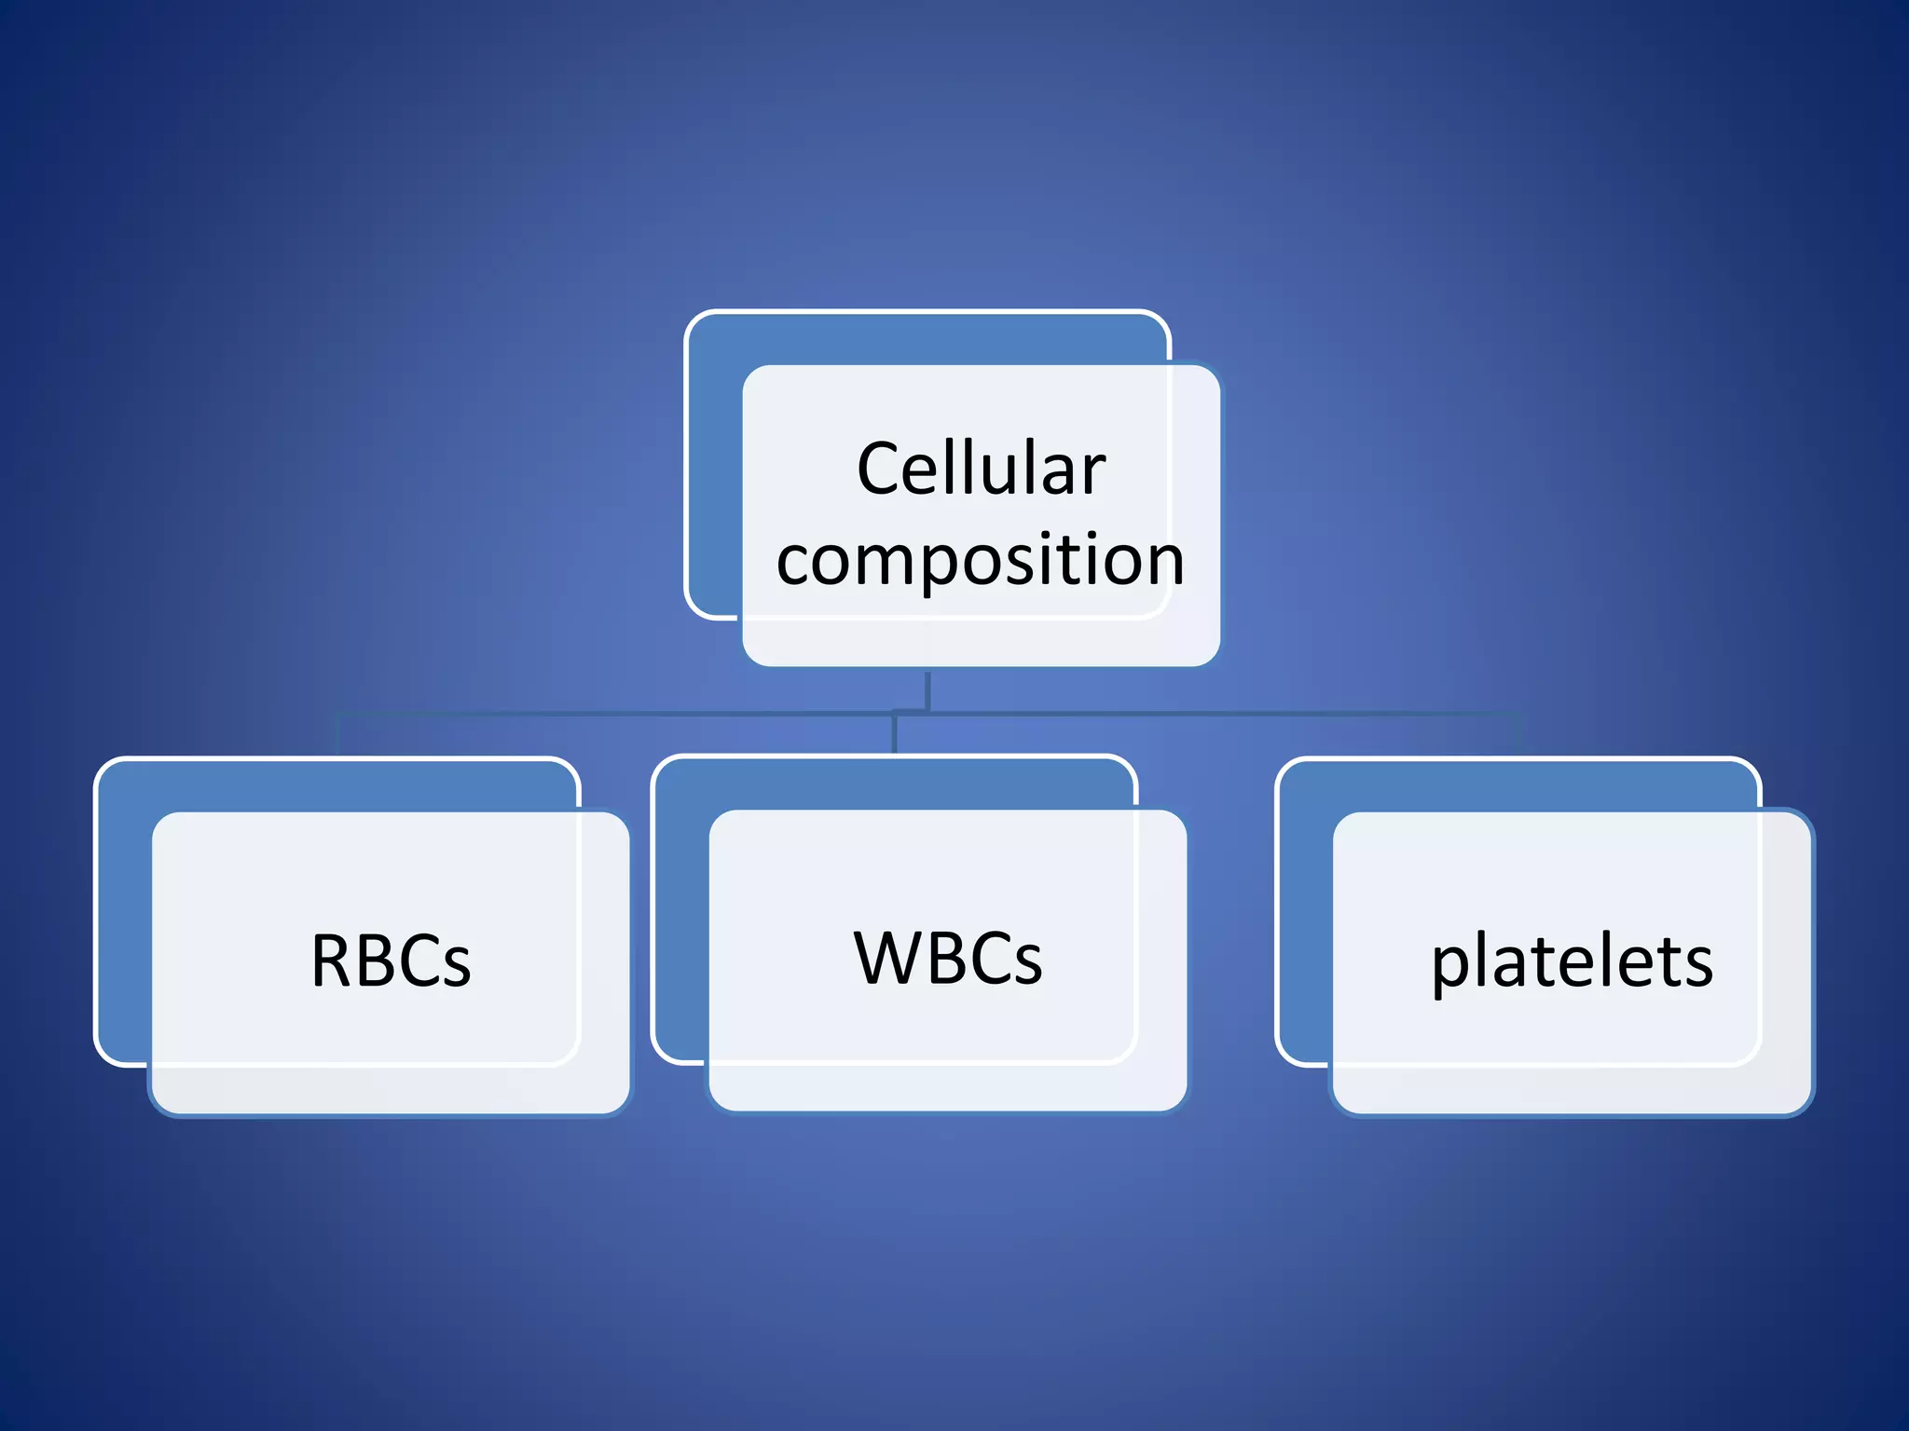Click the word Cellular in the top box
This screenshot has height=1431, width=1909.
pos(981,469)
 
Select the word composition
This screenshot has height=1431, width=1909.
pos(981,561)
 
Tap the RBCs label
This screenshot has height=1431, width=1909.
pos(391,961)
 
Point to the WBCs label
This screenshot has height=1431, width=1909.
pos(948,958)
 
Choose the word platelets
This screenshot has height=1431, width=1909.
pos(1572,962)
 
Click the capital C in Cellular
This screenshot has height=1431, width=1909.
pos(880,469)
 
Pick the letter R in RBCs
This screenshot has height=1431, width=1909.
pos(331,961)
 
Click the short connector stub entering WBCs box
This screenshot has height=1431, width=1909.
pos(895,735)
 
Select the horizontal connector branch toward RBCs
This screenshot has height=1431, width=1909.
pos(606,715)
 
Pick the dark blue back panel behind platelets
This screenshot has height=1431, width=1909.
pos(1303,913)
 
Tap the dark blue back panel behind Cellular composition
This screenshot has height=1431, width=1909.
pos(714,466)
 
